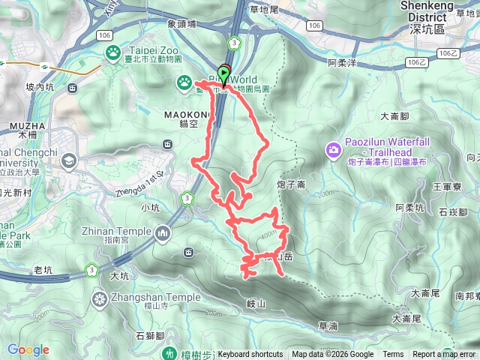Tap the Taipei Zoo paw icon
tap(113, 52)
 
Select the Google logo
tap(28, 349)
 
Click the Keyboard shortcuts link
tap(250, 355)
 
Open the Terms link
tap(393, 355)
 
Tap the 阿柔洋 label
tap(342, 63)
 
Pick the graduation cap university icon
tap(69, 160)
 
